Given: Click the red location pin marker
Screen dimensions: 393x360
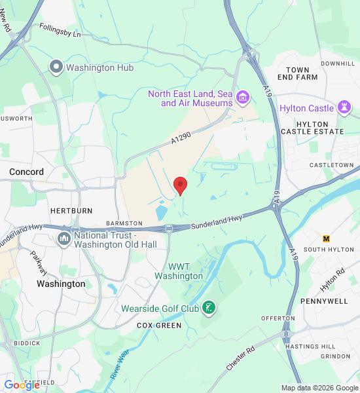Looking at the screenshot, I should [180, 185].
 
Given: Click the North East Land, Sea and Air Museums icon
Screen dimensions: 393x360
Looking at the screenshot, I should [243, 98].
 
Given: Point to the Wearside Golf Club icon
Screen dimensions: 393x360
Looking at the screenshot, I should [208, 308].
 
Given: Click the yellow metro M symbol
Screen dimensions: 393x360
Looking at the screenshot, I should [327, 238].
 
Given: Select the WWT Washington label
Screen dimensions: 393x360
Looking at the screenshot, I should [179, 271].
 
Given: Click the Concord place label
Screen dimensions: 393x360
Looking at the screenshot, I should [27, 172].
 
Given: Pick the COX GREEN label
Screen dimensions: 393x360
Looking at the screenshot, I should [158, 325].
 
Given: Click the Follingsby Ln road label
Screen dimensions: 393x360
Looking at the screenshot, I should [59, 29].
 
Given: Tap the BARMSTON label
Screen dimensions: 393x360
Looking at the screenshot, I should [120, 223].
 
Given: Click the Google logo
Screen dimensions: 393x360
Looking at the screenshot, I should [22, 385].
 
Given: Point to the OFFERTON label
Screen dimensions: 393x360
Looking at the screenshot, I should [278, 318].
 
